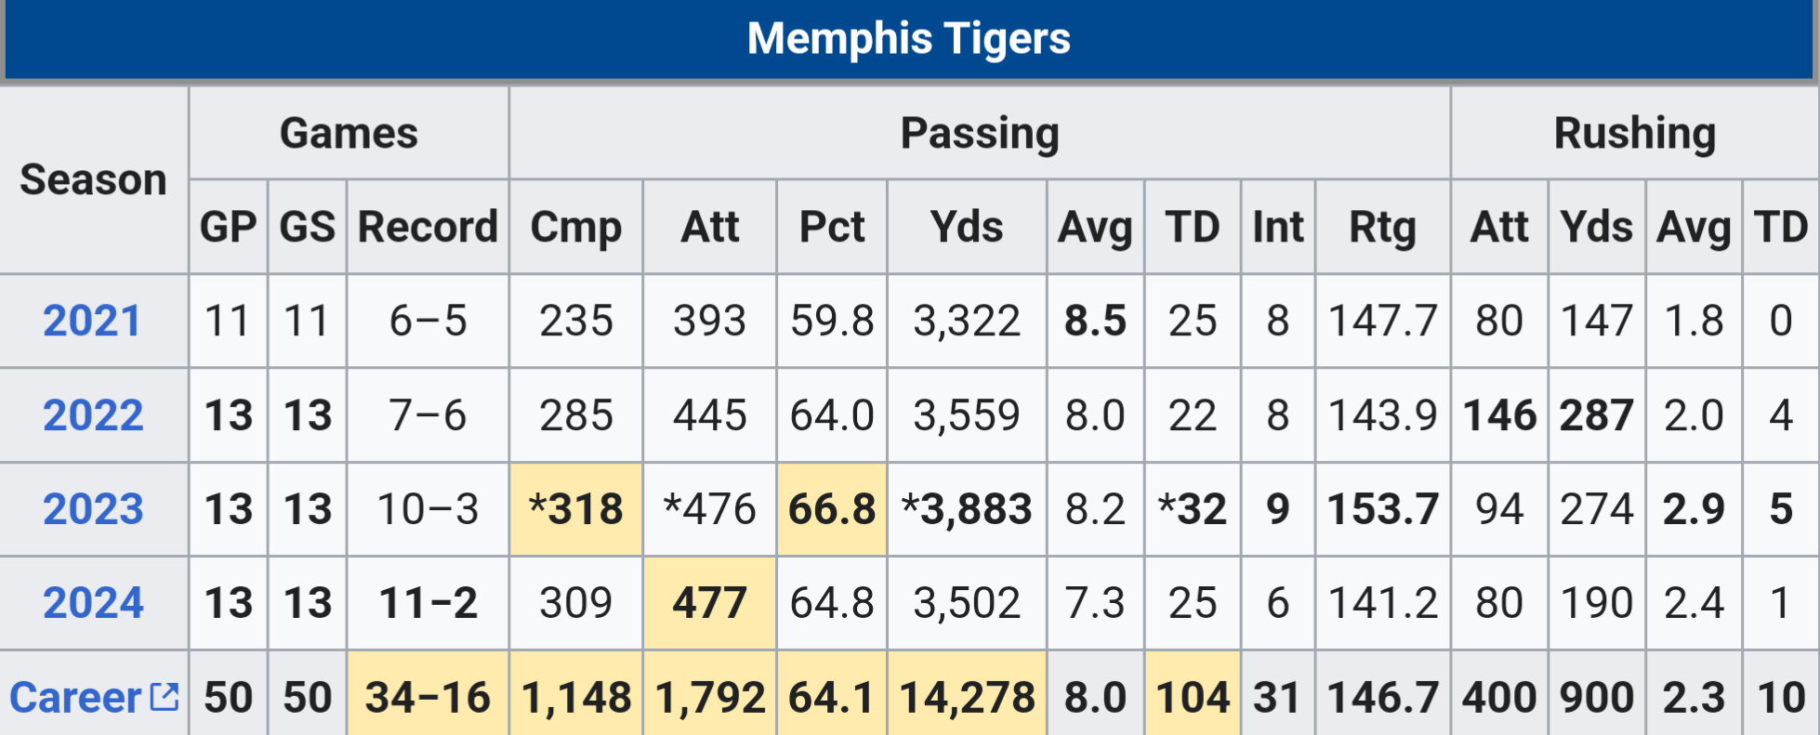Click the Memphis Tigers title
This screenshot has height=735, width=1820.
pos(908,39)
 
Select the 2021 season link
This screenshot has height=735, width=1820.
pos(92,322)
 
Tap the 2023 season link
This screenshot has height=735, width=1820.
pos(93,509)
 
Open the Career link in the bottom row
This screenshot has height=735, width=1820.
pos(75,697)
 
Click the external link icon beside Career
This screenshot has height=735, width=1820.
pos(165,696)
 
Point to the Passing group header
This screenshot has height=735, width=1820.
pos(980,133)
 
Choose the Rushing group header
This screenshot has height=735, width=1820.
pos(1634,133)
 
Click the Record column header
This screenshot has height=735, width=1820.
pos(428,227)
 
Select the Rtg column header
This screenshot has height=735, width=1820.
pos(1382,227)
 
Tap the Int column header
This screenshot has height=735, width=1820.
pos(1277,227)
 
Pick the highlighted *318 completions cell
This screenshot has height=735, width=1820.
pos(576,509)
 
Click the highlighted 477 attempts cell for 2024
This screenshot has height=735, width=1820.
pos(709,603)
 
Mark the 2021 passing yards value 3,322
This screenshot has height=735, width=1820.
pos(967,322)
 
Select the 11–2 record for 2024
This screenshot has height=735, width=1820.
pos(428,603)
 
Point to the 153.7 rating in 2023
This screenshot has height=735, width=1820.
pos(1382,509)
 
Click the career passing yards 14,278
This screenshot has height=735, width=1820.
pos(967,697)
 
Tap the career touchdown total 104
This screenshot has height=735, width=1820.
pos(1193,697)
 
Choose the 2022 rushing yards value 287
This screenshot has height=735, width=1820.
pos(1596,415)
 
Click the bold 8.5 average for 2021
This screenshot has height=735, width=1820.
pos(1095,322)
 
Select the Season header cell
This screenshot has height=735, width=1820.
pos(93,179)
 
